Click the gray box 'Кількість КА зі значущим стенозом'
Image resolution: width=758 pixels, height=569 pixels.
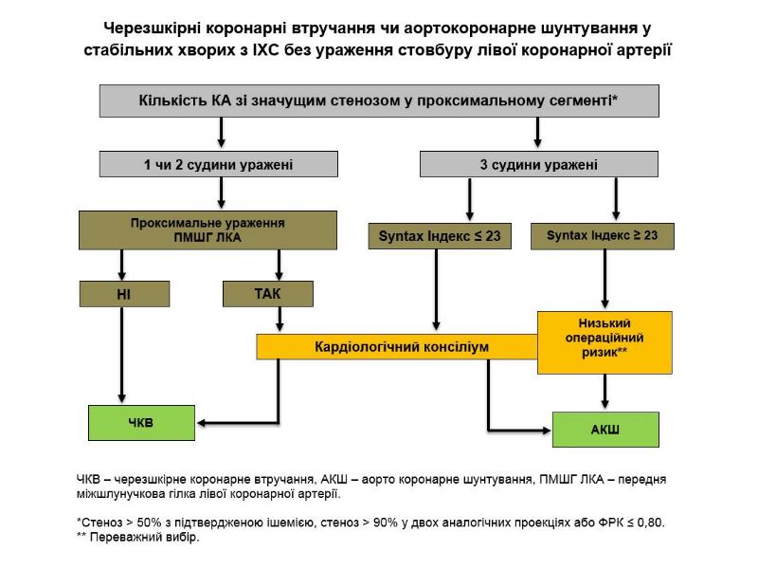click(x=379, y=101)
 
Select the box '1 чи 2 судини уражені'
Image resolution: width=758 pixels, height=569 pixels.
click(x=220, y=164)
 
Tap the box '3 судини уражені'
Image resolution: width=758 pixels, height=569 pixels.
click(x=538, y=164)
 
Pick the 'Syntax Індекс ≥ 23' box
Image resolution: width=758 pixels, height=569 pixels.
click(x=602, y=235)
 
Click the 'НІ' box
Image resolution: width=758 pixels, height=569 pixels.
click(x=123, y=294)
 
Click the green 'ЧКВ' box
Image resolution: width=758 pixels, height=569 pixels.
click(x=140, y=424)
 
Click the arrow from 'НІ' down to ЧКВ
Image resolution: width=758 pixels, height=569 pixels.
click(x=121, y=356)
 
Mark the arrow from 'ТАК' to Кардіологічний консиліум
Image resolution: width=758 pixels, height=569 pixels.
click(x=280, y=321)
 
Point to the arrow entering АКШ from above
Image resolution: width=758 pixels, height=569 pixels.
click(x=605, y=392)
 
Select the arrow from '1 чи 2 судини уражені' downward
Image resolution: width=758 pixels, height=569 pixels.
click(x=221, y=193)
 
